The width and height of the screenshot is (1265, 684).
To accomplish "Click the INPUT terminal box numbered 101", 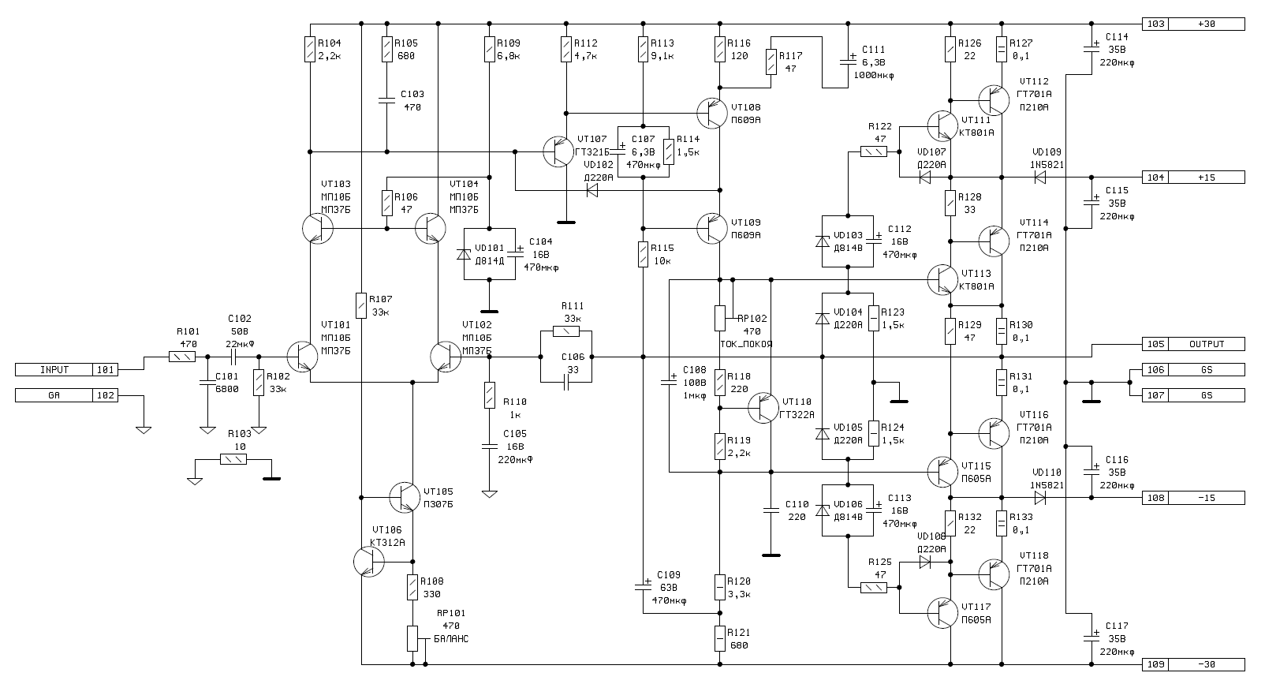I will click(66, 369).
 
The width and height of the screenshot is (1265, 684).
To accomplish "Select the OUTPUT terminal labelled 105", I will click(1193, 344).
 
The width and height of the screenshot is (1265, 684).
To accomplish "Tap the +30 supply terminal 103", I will click(1193, 24).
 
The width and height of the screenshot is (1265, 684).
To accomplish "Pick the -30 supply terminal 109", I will click(1193, 664).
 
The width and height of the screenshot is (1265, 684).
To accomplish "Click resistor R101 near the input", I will click(182, 357).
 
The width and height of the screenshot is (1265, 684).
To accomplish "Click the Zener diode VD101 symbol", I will click(465, 255).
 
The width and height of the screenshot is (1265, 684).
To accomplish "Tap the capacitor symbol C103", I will click(386, 100).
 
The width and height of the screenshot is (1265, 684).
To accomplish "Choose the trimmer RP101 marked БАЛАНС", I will click(412, 638).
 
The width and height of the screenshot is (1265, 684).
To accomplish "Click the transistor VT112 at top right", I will click(994, 100).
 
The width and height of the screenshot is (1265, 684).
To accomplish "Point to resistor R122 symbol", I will click(873, 151).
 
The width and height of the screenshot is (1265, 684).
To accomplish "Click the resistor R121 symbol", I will click(720, 638).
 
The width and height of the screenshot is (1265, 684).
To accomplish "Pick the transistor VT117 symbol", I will click(942, 613).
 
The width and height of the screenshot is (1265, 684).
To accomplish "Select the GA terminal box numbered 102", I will click(66, 395).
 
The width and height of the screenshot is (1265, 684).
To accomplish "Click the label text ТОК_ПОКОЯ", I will click(746, 344).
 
